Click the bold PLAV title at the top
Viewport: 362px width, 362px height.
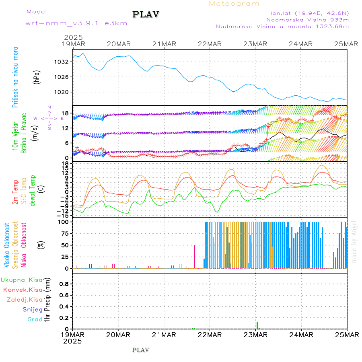tap(146, 14)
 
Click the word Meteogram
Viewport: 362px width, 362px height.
tap(234, 4)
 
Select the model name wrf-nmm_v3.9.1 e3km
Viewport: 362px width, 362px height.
tap(76, 23)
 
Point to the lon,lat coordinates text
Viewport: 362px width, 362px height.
tap(309, 12)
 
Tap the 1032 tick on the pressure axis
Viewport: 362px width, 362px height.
tap(64, 62)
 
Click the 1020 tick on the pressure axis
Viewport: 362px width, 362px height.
tap(64, 92)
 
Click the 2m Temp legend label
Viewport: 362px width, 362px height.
tap(15, 192)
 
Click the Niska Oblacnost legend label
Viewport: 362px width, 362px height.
tap(24, 244)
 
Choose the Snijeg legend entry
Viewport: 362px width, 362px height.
tap(32, 309)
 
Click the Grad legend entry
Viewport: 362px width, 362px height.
tap(35, 319)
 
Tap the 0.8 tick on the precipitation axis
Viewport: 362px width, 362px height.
tap(64, 284)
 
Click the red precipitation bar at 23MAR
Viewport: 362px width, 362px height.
tap(257, 325)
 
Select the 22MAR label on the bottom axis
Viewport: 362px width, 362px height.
tap(210, 335)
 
